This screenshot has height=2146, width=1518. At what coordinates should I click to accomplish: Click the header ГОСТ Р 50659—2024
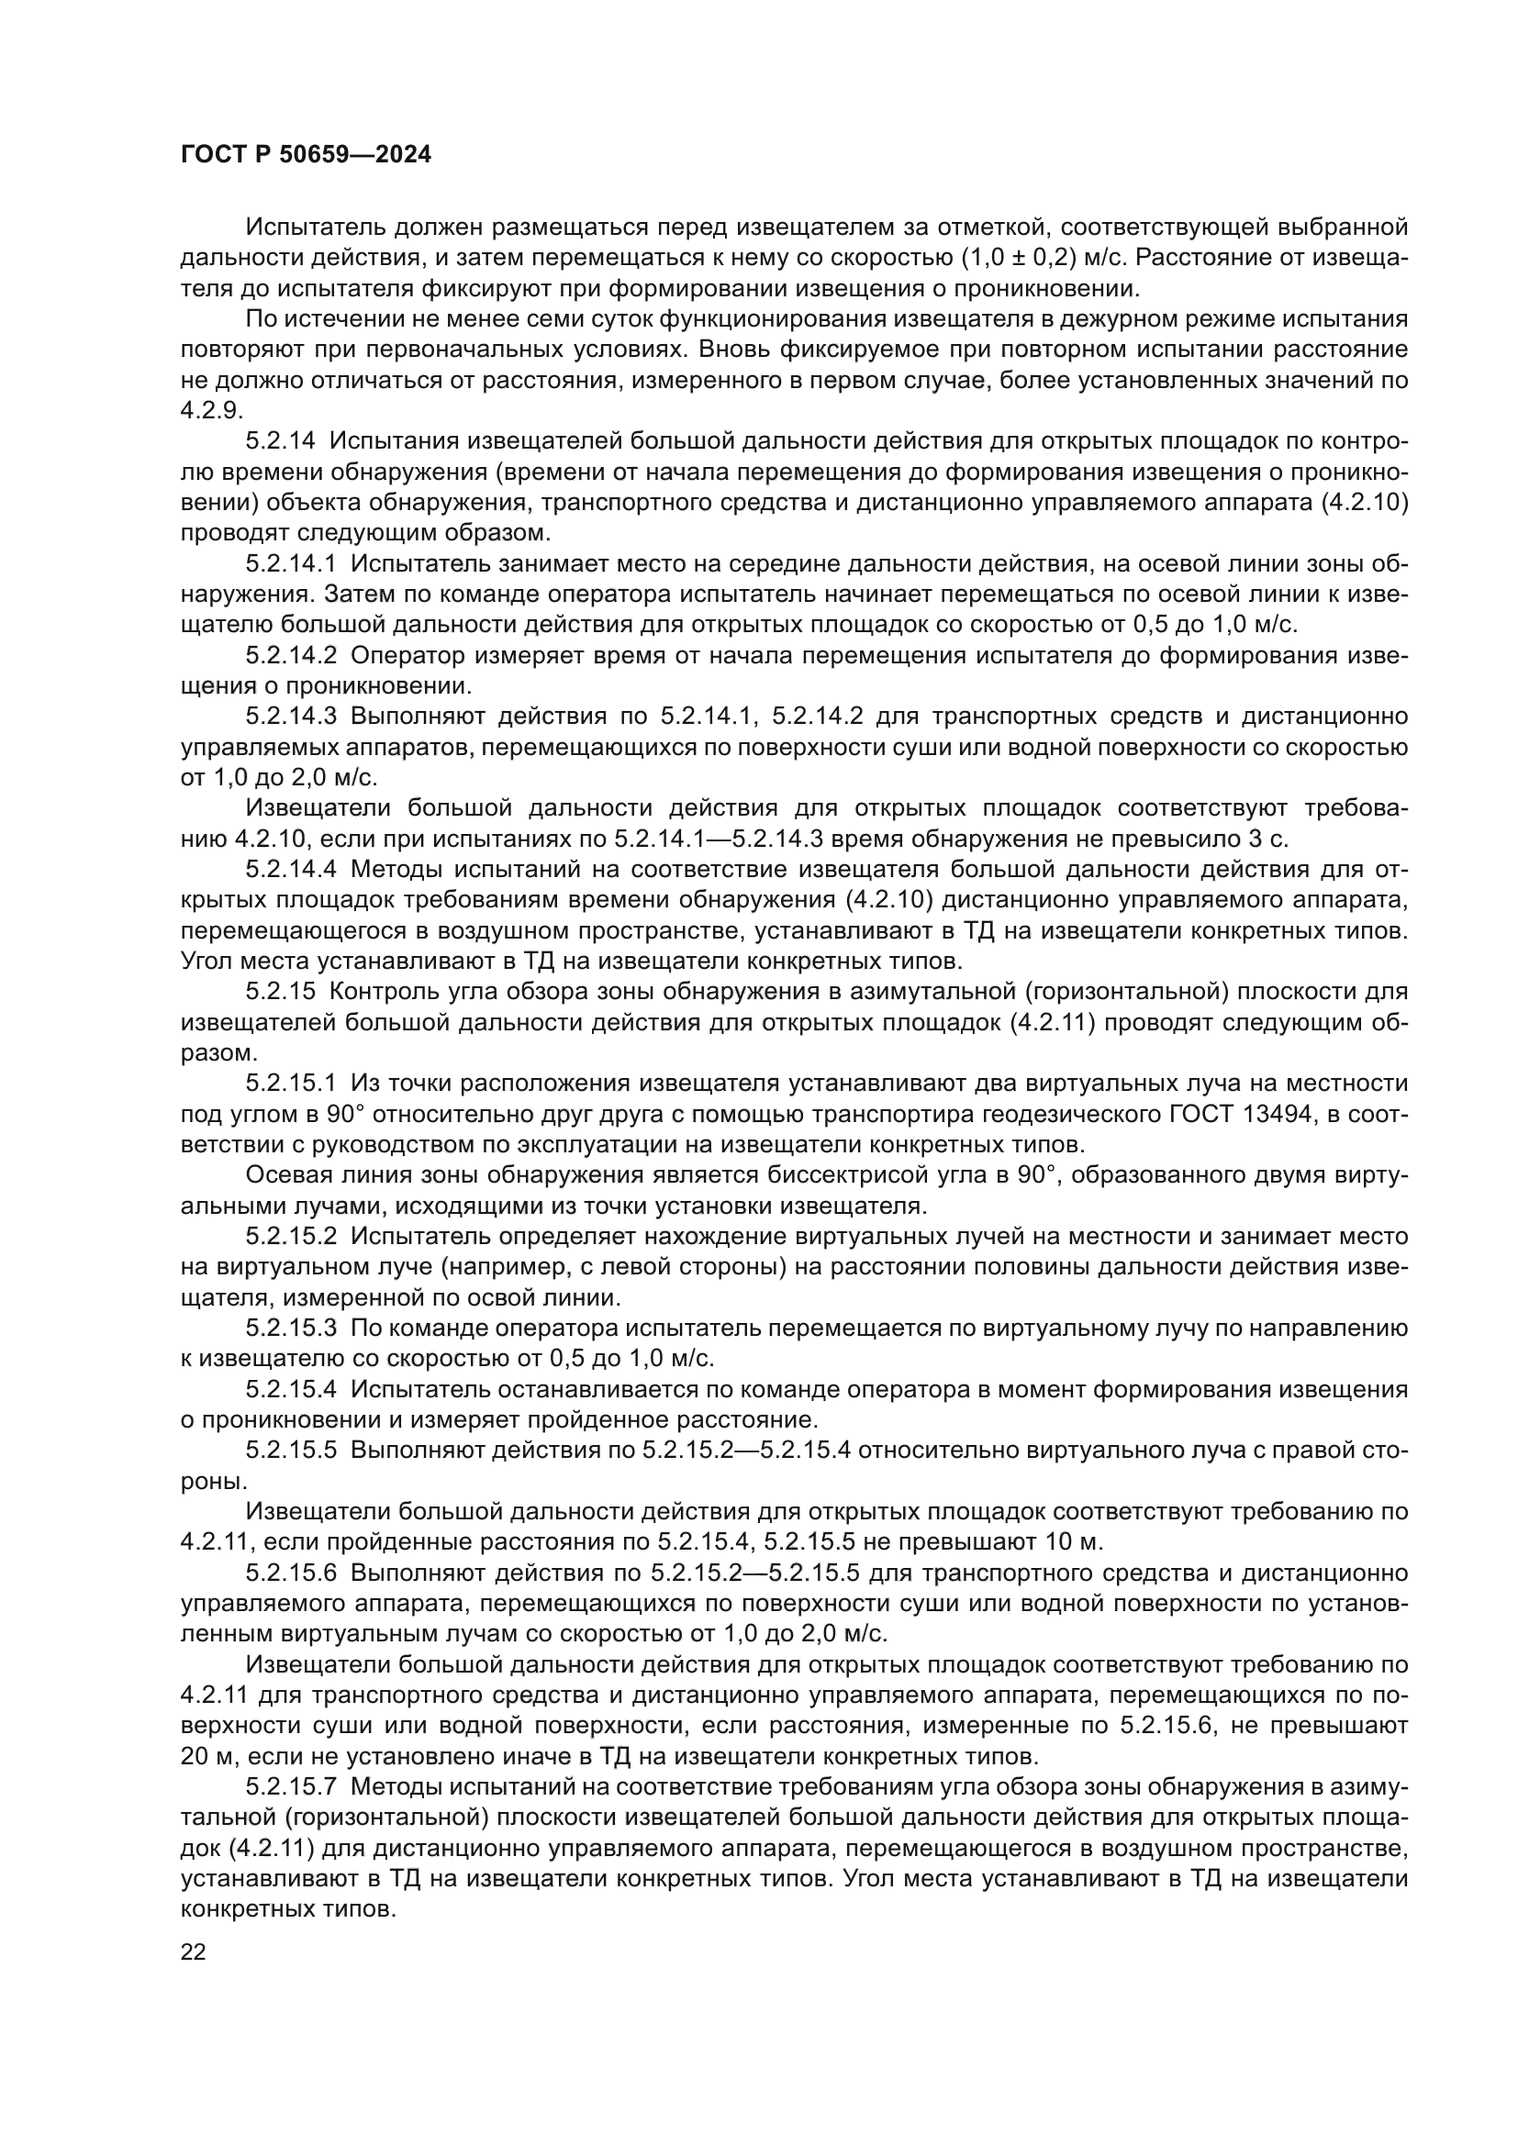(306, 155)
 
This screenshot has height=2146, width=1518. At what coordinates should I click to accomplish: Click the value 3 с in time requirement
(1273, 839)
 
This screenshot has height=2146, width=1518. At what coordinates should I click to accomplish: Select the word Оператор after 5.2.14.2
(407, 656)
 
